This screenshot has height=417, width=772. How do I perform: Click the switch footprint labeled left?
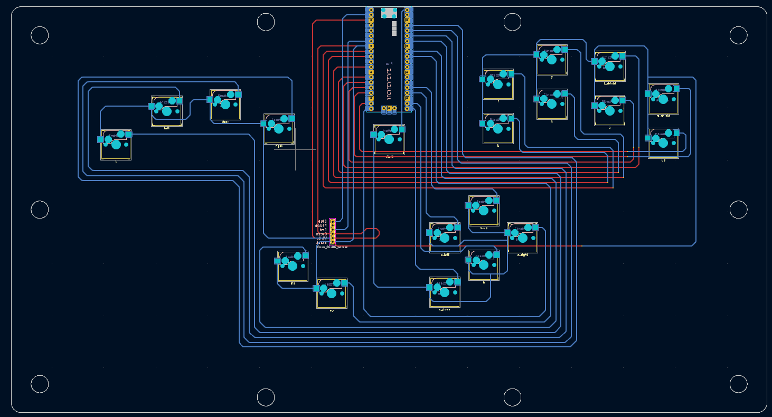(x=167, y=111)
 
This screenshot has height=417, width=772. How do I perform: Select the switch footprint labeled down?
(x=225, y=105)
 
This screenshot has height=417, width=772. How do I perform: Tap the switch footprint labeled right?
(x=279, y=129)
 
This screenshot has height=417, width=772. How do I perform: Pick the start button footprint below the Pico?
(x=389, y=139)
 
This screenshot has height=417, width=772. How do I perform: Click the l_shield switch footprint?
(x=610, y=66)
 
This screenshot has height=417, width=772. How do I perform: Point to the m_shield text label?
(x=663, y=116)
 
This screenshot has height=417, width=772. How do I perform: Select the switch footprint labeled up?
(x=663, y=143)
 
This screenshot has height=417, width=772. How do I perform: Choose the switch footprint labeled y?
(x=552, y=60)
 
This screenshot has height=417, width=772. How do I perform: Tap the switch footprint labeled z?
(x=610, y=110)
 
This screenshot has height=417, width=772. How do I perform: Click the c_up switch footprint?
(x=484, y=211)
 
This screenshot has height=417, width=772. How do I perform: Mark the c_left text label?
(x=445, y=254)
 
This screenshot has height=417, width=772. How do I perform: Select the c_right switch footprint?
(x=522, y=238)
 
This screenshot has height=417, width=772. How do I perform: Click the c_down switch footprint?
(x=445, y=292)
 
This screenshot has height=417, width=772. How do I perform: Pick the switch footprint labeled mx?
(x=293, y=266)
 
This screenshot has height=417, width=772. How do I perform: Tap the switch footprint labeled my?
(x=332, y=293)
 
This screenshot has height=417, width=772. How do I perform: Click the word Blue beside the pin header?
(x=322, y=221)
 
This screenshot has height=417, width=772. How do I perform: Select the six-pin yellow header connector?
(x=332, y=231)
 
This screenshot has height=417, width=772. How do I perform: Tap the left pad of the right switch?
(x=263, y=124)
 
